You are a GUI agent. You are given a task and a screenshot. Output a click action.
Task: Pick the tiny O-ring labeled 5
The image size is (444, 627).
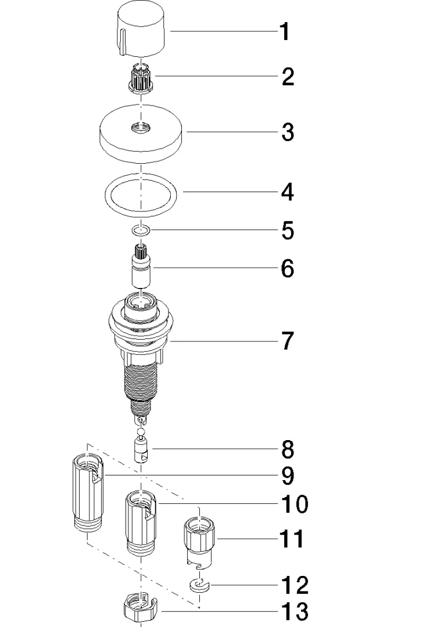click(x=140, y=232)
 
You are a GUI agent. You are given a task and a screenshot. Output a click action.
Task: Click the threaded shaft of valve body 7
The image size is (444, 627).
click(x=140, y=380)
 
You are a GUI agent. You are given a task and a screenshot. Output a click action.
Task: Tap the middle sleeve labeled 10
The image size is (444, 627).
click(x=140, y=522)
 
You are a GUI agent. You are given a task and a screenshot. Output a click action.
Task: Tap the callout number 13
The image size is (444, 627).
click(x=294, y=611)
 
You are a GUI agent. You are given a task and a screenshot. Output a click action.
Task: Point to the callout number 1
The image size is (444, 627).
click(x=284, y=32)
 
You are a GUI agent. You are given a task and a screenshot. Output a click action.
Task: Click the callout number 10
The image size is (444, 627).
click(x=294, y=504)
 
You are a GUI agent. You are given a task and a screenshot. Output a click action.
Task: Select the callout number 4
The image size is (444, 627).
click(x=287, y=192)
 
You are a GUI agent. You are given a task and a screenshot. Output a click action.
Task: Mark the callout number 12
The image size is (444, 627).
click(x=294, y=585)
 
